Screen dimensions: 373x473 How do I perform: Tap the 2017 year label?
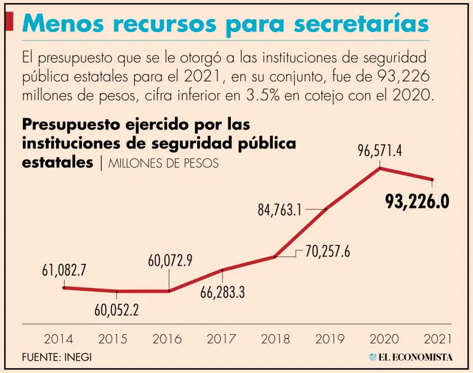221,338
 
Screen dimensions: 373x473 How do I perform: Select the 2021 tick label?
438,338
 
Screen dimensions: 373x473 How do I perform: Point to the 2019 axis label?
329,338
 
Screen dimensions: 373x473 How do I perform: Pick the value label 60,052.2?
116,310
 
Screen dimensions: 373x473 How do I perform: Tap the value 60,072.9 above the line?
170,261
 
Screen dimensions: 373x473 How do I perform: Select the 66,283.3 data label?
222,292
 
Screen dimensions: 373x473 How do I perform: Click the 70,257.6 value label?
328,252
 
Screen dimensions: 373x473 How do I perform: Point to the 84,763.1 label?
280,210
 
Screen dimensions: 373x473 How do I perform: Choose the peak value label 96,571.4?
379,150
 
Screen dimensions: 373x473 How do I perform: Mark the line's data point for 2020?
380,168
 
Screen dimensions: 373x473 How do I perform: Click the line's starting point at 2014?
64,287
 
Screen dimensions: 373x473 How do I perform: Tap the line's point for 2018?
275,256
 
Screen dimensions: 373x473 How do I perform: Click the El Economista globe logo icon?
373,357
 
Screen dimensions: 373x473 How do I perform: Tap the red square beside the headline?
9,22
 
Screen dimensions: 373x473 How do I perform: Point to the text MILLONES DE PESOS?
163,164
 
